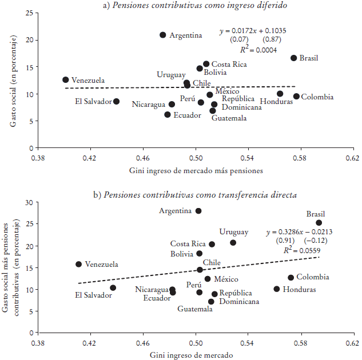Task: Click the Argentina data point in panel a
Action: (x=163, y=35)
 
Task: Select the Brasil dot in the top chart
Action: (x=294, y=58)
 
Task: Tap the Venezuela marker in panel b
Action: (x=79, y=264)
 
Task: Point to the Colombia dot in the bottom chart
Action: (x=291, y=278)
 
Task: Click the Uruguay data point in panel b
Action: (x=233, y=242)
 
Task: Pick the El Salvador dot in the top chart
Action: (x=117, y=101)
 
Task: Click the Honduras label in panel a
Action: (x=277, y=102)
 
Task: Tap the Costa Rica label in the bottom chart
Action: (x=188, y=244)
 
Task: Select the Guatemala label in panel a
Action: (x=229, y=118)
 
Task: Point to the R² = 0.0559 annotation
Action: (x=297, y=250)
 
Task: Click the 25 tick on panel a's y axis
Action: (x=29, y=13)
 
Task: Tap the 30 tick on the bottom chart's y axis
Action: (x=29, y=203)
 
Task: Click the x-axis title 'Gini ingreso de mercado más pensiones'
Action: (x=196, y=170)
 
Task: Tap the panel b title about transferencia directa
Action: (x=195, y=195)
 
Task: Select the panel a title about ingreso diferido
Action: (x=195, y=6)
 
